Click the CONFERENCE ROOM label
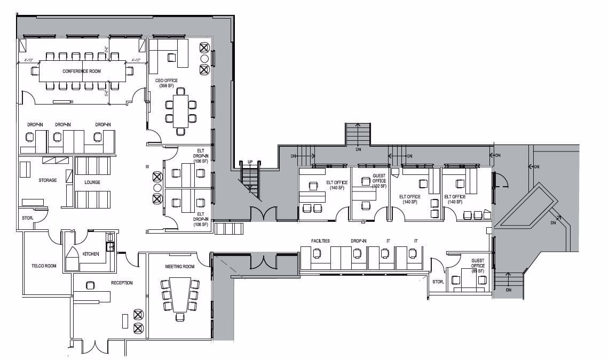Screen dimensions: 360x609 tap(81, 71)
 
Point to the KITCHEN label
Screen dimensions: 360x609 tap(91, 254)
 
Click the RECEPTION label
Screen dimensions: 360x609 tap(122, 283)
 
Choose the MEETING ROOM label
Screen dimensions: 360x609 tap(179, 267)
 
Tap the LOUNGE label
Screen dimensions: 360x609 tap(92, 182)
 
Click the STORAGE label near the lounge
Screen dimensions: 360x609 tap(47, 180)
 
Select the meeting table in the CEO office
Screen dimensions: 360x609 tap(181, 110)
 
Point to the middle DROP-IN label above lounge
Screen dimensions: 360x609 tap(63, 125)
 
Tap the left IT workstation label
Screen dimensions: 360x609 tap(388, 241)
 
